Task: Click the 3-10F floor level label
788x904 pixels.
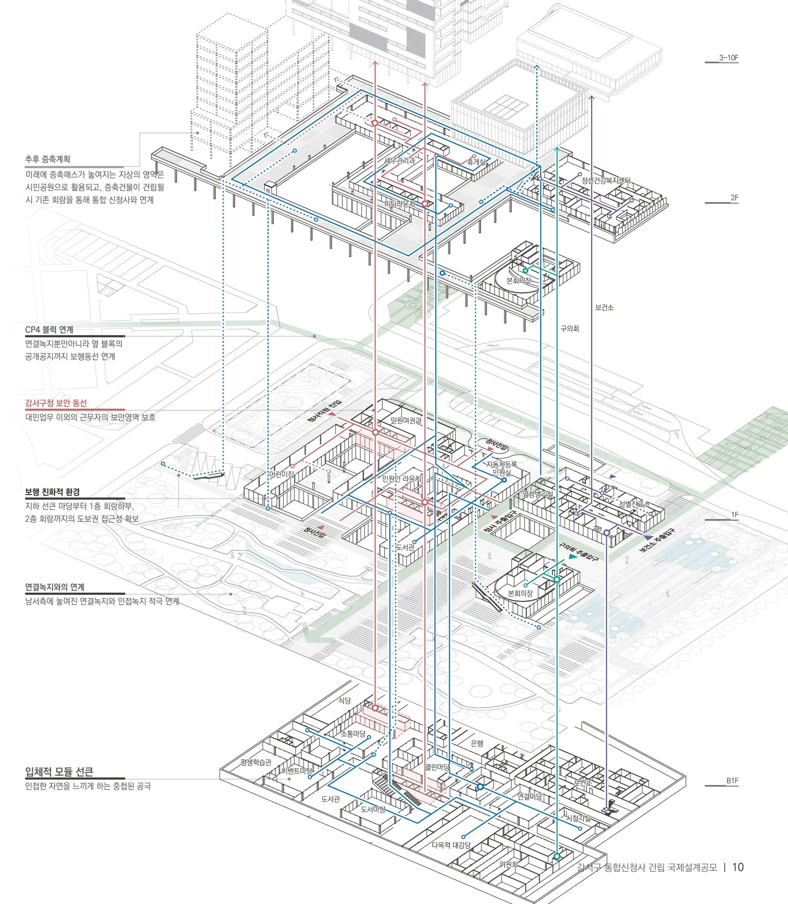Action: tap(729, 58)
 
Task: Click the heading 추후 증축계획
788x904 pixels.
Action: tap(48, 159)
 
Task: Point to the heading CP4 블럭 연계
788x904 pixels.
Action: tap(49, 330)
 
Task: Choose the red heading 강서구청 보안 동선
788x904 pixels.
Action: tap(56, 403)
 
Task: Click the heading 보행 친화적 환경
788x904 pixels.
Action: tap(52, 492)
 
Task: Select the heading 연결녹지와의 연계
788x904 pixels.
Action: tap(55, 587)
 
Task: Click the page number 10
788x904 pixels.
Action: tap(738, 867)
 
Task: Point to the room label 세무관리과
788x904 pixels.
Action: tap(399, 160)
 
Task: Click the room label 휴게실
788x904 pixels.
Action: tap(476, 162)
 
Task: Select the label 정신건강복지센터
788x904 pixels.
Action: tap(606, 180)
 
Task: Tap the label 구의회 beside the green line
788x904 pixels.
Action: tap(570, 328)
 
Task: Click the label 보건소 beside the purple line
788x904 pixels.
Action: tap(604, 308)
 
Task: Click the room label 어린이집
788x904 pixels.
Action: tap(281, 474)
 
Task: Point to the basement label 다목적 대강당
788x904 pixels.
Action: tap(451, 845)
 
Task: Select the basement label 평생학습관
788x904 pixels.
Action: tap(256, 762)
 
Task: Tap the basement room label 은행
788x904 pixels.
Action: tap(477, 743)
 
